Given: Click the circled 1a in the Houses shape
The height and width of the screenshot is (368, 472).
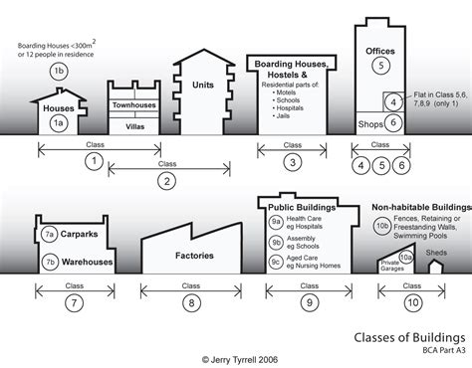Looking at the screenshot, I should [59, 123].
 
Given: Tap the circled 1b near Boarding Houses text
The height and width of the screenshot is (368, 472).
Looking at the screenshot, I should [58, 71].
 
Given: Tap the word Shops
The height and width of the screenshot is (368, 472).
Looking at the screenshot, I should [368, 123].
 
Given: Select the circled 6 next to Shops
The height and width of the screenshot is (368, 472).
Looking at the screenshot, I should [394, 123].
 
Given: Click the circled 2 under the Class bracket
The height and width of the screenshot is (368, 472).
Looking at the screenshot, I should [165, 180].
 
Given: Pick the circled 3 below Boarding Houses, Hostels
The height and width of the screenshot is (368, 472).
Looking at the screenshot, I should [292, 162].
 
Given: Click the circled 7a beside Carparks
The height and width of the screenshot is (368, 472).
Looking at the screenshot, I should [49, 235].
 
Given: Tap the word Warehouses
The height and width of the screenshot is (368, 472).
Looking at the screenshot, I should [84, 263].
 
